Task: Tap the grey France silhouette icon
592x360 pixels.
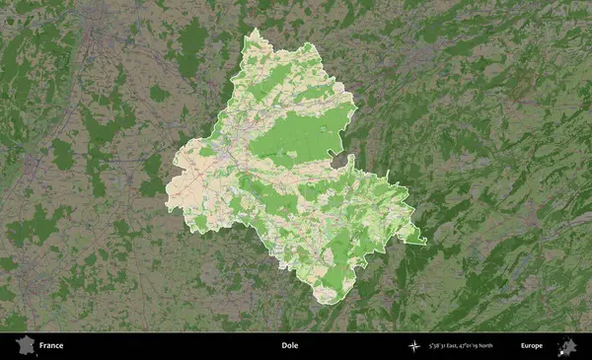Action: pos(24,346)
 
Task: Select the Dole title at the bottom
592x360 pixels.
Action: pos(289,346)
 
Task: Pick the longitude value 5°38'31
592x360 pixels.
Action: pos(435,346)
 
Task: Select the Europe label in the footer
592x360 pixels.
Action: pos(532,346)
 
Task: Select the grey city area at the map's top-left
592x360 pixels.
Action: pos(94,20)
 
